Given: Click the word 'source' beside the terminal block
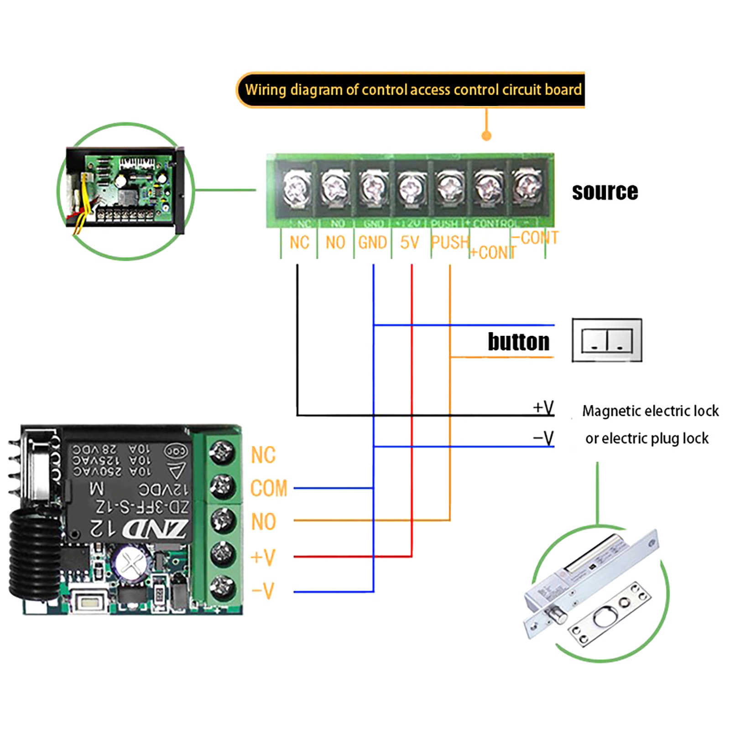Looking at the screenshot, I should tap(605, 192).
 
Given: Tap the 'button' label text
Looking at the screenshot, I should tap(519, 342).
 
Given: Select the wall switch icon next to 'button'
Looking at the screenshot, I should tap(607, 340).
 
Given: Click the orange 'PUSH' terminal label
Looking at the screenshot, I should tap(450, 243).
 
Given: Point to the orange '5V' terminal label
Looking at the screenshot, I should tap(409, 243).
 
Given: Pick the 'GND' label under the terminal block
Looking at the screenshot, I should tap(372, 243).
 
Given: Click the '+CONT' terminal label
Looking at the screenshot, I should tap(493, 252).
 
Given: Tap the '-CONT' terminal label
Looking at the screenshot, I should tap(534, 238).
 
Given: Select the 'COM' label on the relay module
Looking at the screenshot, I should tap(269, 488).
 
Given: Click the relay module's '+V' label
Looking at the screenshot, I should tap(263, 557).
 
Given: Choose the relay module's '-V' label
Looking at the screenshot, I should tap(263, 591).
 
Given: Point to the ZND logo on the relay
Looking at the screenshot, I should tap(154, 529).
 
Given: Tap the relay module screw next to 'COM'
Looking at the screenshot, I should tap(222, 486).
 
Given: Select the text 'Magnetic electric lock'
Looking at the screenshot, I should tap(650, 411).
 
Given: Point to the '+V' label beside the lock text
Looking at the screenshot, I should tap(543, 407).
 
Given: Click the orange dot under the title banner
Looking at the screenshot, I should tap(486, 136).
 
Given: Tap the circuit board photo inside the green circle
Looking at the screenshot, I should tap(125, 191).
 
